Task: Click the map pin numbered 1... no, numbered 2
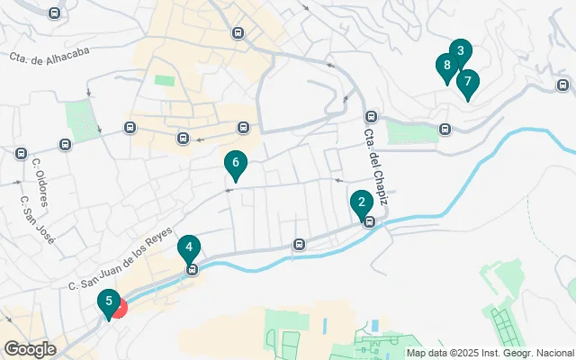[361, 202]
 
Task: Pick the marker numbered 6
[235, 163]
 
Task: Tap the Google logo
[30, 348]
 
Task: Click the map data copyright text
[490, 353]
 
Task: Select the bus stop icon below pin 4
[191, 269]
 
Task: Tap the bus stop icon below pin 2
[368, 221]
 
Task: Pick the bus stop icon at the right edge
[562, 86]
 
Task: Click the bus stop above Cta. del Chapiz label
[370, 116]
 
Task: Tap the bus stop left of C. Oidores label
[20, 154]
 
